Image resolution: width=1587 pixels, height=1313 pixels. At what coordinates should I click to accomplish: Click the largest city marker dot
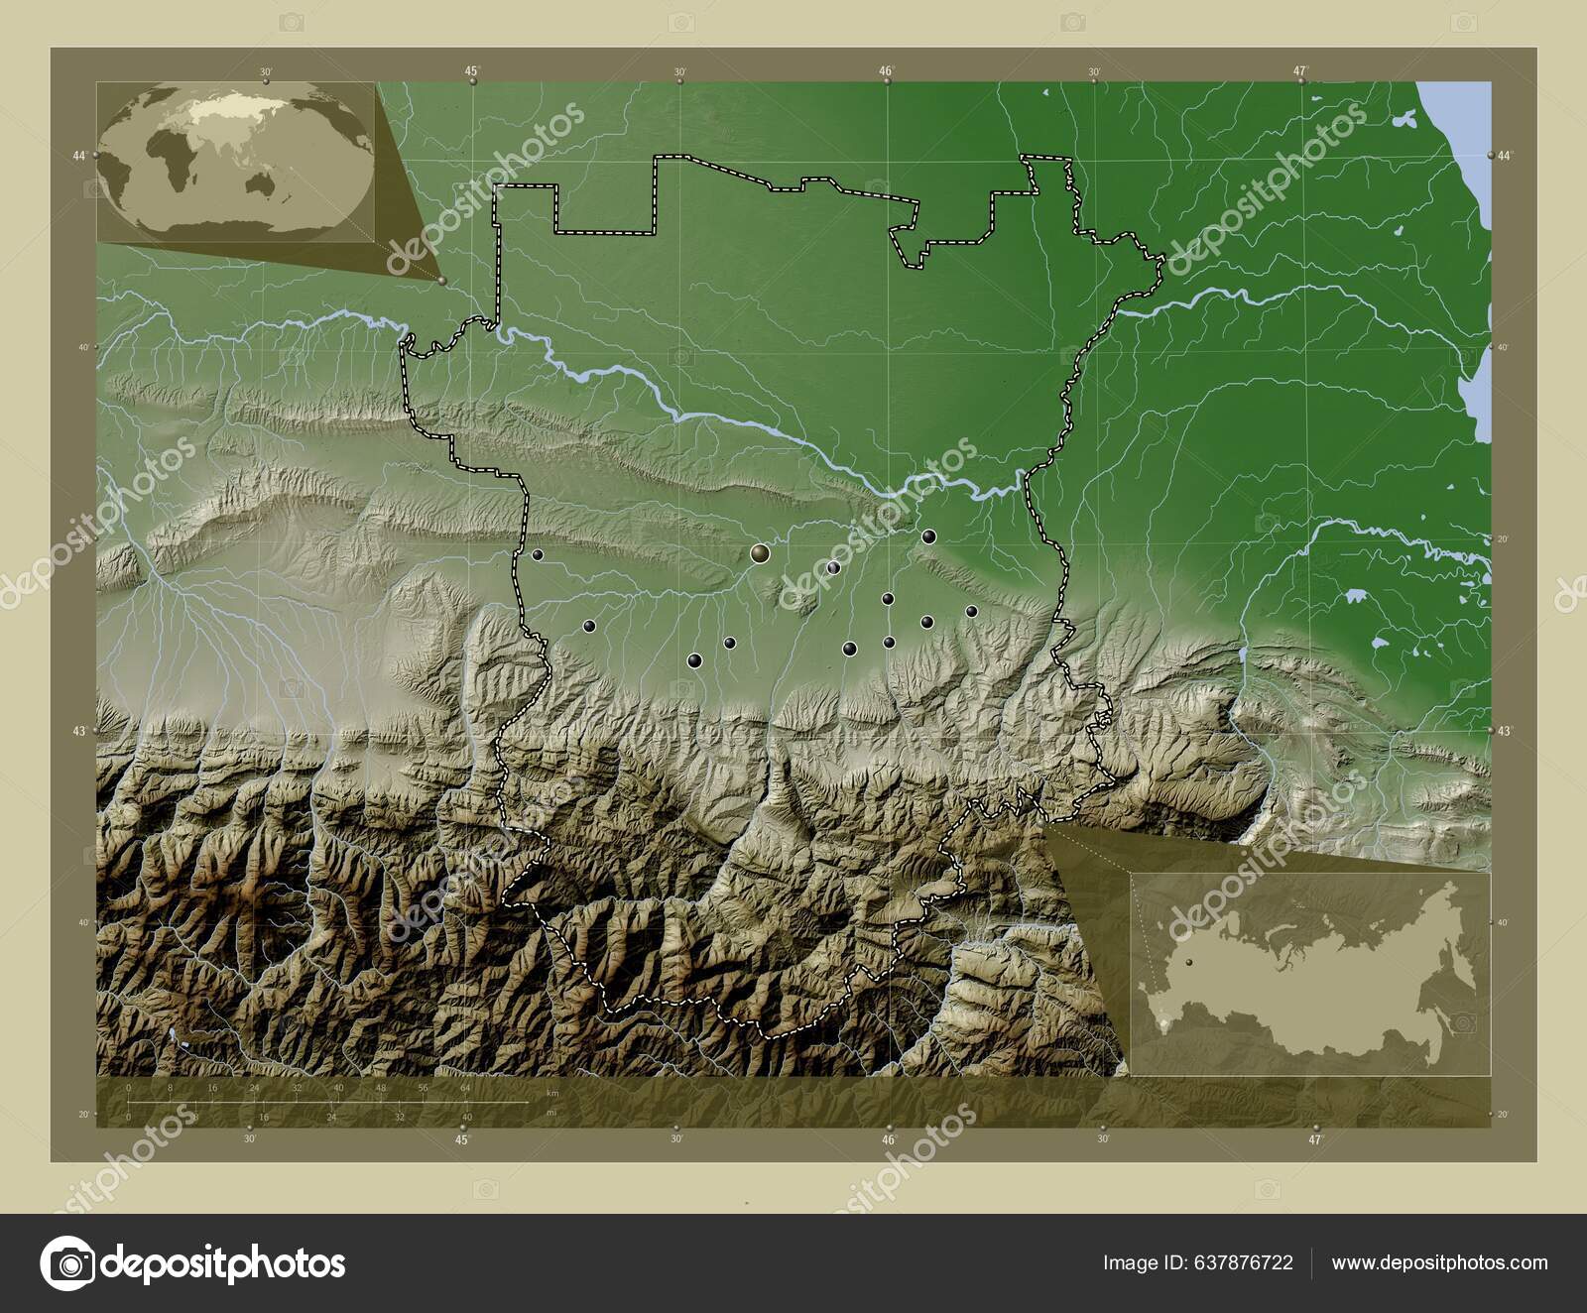(761, 553)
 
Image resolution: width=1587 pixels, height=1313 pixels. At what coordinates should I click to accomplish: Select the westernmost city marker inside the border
(538, 554)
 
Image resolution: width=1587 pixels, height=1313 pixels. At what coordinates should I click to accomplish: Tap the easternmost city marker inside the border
(971, 611)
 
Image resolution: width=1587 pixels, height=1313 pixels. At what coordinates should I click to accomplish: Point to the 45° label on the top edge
(472, 70)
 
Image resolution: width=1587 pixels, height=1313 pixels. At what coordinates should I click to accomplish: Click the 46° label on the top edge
(887, 70)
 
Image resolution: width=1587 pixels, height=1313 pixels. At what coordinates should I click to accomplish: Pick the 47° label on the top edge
(1300, 70)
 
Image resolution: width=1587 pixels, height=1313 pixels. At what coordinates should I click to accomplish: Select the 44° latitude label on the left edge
(79, 156)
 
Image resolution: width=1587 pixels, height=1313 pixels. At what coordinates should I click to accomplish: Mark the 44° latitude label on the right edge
(1506, 156)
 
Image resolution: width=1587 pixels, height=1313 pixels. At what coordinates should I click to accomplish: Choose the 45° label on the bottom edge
(462, 1140)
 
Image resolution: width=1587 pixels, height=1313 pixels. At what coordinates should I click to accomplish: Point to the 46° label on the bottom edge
(889, 1140)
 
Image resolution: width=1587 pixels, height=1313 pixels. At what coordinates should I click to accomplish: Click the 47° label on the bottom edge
(1315, 1140)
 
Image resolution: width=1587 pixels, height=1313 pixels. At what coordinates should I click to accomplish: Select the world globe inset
(236, 161)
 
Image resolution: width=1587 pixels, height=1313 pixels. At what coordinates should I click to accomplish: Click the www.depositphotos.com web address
(1439, 1262)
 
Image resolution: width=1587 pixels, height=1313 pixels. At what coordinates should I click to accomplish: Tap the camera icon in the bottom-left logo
(66, 1263)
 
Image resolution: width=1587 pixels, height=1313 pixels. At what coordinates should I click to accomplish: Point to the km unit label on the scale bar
(552, 1092)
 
